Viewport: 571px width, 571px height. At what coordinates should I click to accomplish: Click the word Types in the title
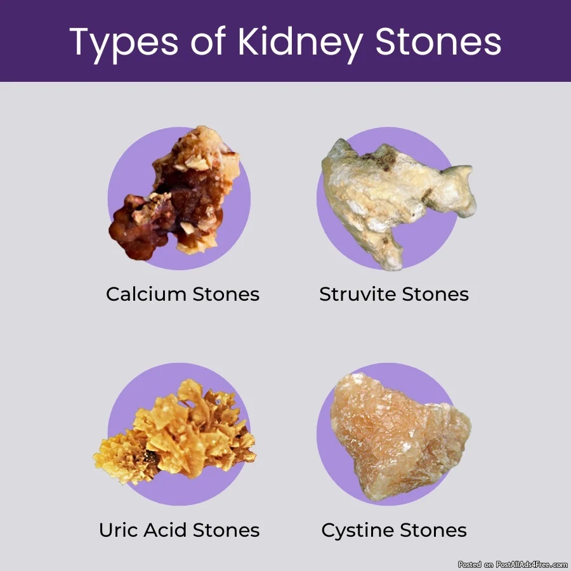pos(124,44)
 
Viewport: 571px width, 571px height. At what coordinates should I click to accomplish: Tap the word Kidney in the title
pos(301,43)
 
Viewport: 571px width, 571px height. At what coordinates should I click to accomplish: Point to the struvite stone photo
pos(397,200)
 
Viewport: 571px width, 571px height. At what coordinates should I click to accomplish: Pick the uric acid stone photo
pos(175,433)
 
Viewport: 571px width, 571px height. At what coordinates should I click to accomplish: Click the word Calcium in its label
pos(146,294)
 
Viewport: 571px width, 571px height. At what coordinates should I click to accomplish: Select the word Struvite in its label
pos(358,294)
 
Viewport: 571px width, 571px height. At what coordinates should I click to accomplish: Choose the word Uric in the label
pos(119,530)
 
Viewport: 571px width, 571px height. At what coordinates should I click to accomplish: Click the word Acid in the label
pos(166,530)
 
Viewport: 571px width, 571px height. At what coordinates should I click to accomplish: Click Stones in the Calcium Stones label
pos(226,294)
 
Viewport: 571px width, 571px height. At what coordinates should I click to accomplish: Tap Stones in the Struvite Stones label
pos(435,294)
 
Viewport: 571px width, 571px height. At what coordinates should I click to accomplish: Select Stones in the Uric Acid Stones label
pos(226,530)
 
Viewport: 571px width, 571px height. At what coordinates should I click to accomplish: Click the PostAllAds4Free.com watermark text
pos(513,565)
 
